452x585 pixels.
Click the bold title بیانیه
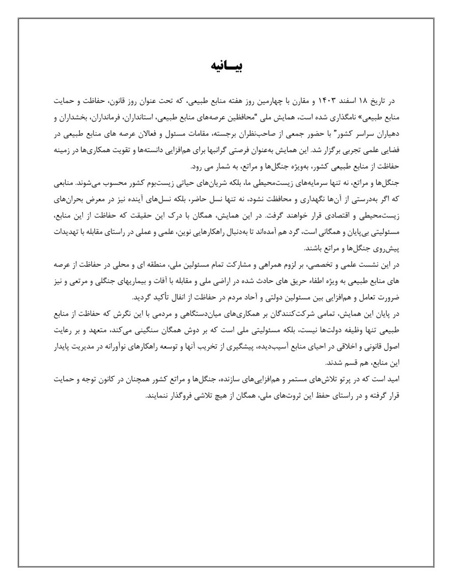click(226, 66)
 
